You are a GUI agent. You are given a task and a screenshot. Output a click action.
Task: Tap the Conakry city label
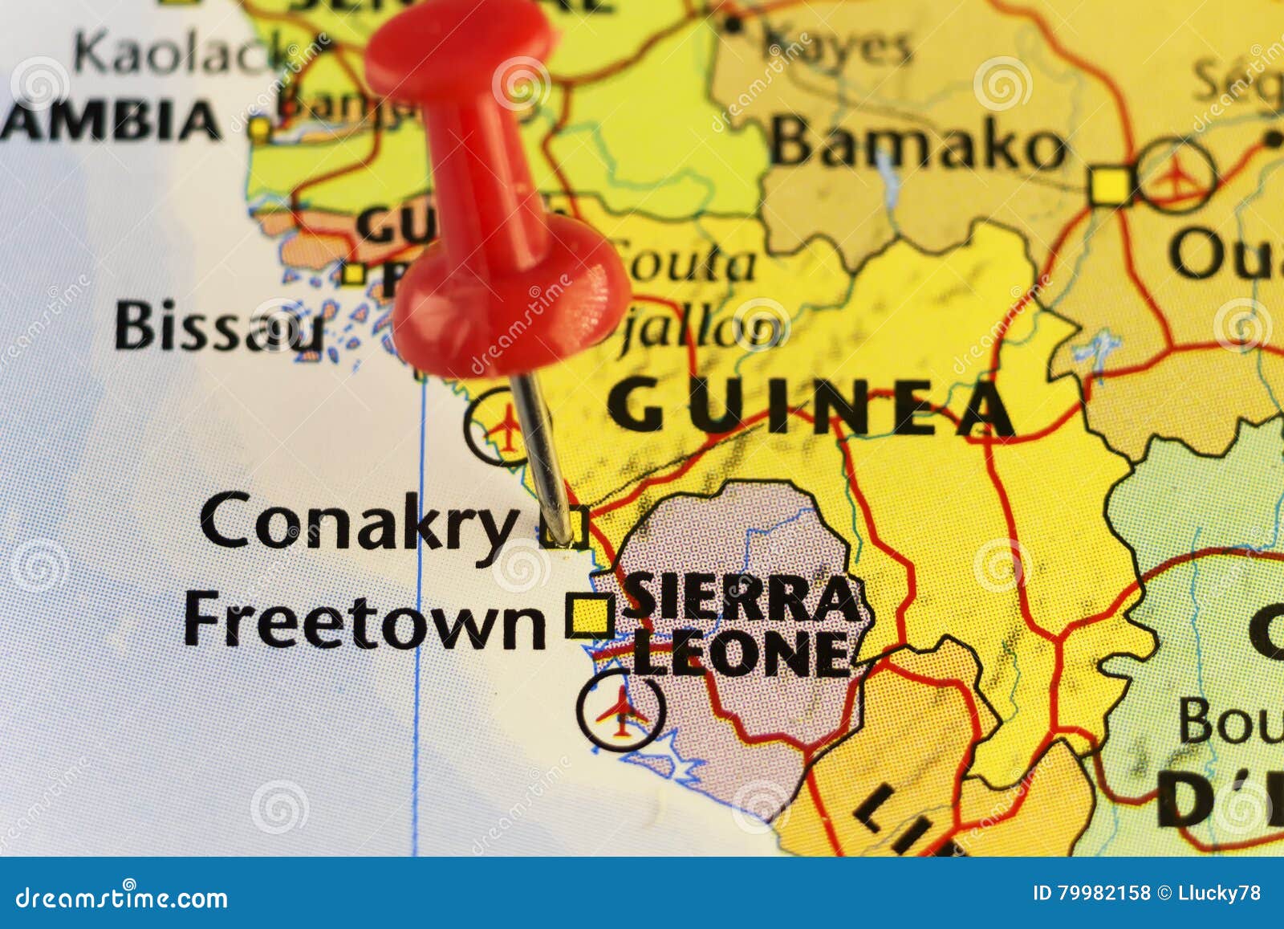tap(358, 521)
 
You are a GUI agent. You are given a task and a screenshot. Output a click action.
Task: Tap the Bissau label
tap(218, 328)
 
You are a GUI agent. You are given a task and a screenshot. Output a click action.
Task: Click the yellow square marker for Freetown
tap(590, 617)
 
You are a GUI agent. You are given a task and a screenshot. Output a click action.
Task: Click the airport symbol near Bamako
tap(1176, 176)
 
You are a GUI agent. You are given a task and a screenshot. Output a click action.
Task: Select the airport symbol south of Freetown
tap(621, 711)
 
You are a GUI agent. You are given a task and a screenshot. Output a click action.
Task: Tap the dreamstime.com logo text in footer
tap(122, 898)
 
